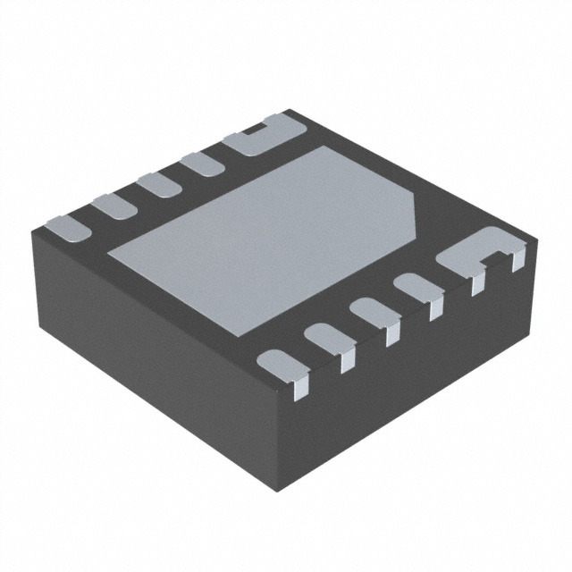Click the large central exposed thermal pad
click(x=268, y=237)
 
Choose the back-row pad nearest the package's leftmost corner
click(x=67, y=225)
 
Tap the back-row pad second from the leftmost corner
click(x=114, y=205)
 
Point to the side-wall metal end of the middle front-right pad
click(x=391, y=336)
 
